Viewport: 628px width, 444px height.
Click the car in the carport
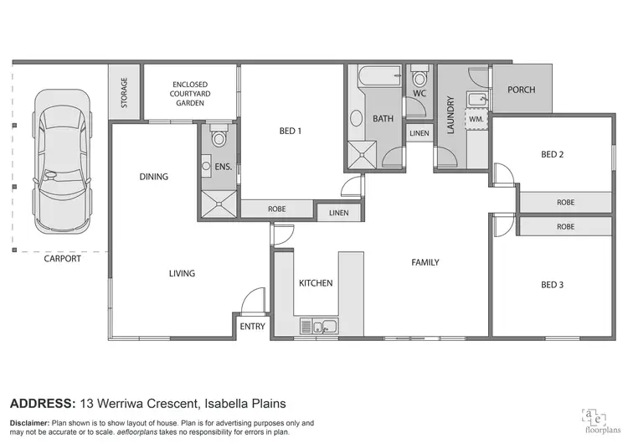[x=59, y=164]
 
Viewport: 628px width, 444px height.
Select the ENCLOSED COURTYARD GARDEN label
[x=191, y=94]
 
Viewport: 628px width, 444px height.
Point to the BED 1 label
[x=290, y=131]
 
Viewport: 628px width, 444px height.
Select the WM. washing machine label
[x=476, y=120]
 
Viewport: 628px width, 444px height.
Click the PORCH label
[x=521, y=90]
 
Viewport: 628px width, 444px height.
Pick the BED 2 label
[x=552, y=153]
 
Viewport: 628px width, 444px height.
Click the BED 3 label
[x=552, y=285]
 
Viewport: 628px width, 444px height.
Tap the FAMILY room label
[x=425, y=262]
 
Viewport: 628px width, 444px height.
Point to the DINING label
[x=153, y=177]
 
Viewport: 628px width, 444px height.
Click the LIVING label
[x=182, y=273]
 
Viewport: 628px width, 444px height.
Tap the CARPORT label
[x=63, y=259]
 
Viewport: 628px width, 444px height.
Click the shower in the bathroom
[x=363, y=153]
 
